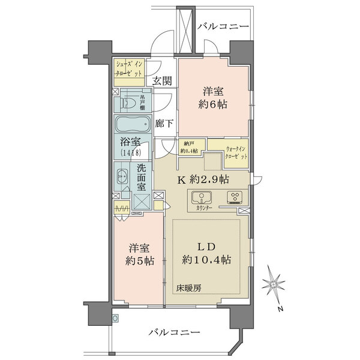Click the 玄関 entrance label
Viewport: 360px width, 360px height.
pyautogui.click(x=161, y=81)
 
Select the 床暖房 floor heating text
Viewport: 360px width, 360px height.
pyautogui.click(x=188, y=287)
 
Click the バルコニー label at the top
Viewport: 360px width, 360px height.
pyautogui.click(x=221, y=27)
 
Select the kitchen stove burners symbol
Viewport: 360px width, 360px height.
pyautogui.click(x=233, y=197)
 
